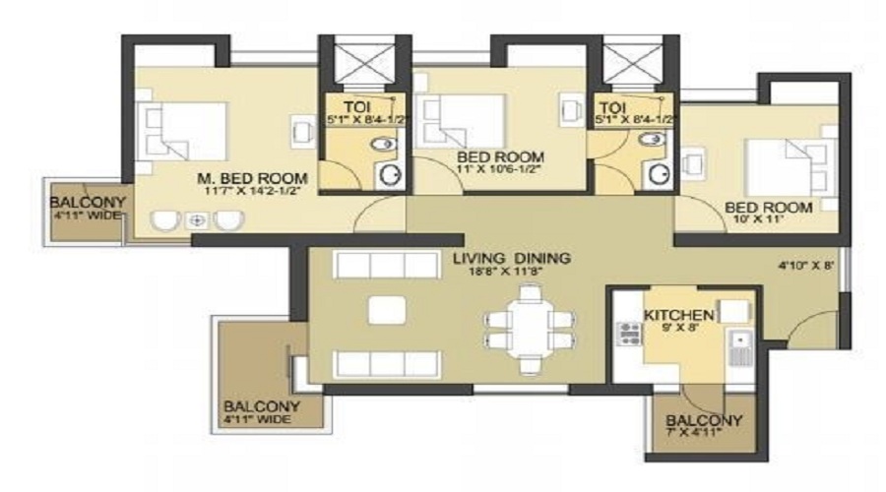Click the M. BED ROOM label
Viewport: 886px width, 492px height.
click(252, 178)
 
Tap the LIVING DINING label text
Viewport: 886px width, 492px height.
click(512, 258)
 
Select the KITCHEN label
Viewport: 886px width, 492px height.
click(678, 315)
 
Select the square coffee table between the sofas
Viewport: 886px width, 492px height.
click(387, 310)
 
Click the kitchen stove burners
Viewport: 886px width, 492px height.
click(629, 334)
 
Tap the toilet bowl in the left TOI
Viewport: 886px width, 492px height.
click(384, 144)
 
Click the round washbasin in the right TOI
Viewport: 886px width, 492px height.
click(659, 174)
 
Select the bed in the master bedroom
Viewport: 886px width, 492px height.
click(182, 131)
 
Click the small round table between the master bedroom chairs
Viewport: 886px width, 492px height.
click(197, 220)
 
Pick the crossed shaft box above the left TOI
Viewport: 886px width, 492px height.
click(365, 62)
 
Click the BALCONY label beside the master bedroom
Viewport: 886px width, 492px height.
click(88, 203)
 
